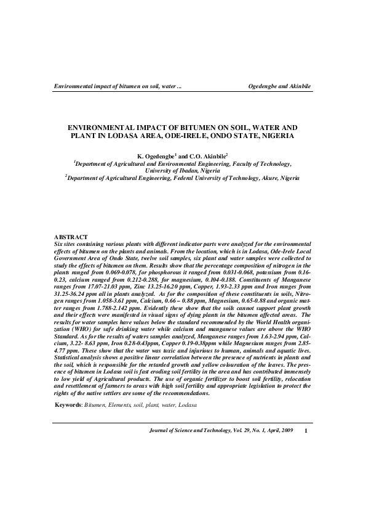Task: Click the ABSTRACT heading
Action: pyautogui.click(x=71, y=237)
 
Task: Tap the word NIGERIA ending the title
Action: pyautogui.click(x=275, y=134)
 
